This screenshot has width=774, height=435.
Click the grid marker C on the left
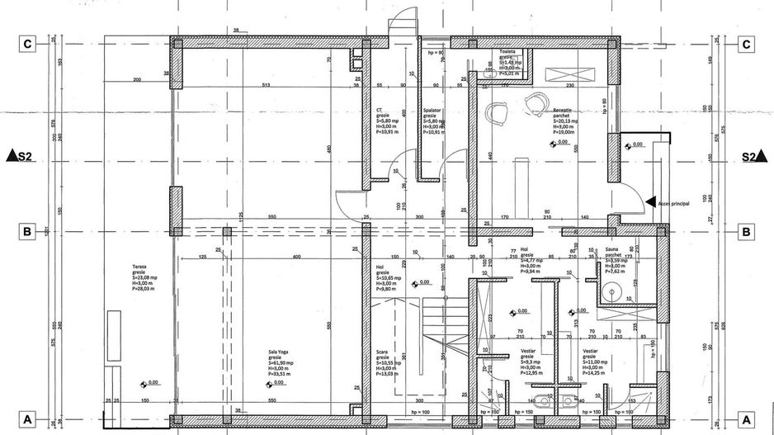[27, 45]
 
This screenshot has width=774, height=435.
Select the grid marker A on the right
[747, 418]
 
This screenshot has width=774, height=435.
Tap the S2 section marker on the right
[751, 155]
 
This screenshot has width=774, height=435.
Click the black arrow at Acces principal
[651, 201]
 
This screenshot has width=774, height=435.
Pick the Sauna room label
[611, 248]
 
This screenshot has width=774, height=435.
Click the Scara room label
[383, 351]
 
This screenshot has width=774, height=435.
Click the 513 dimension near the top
[266, 86]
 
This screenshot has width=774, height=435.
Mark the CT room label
[379, 109]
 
